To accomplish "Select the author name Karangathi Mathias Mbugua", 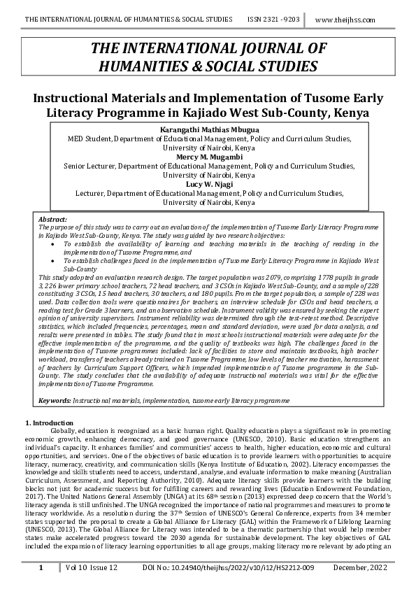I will [x=208, y=130].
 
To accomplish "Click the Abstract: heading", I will [x=52, y=220].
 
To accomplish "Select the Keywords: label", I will [x=55, y=400].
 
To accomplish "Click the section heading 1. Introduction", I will [x=49, y=423].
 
